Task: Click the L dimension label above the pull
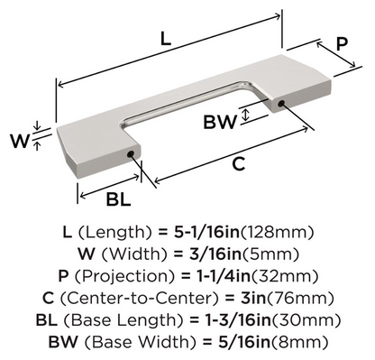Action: click(162, 40)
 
